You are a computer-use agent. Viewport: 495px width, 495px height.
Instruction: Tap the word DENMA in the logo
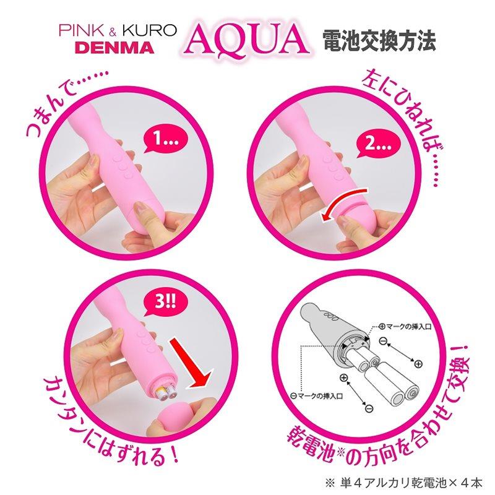click(116, 48)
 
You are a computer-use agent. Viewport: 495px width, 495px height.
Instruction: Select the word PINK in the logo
click(81, 30)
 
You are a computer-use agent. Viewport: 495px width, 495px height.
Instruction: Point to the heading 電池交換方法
click(379, 41)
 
